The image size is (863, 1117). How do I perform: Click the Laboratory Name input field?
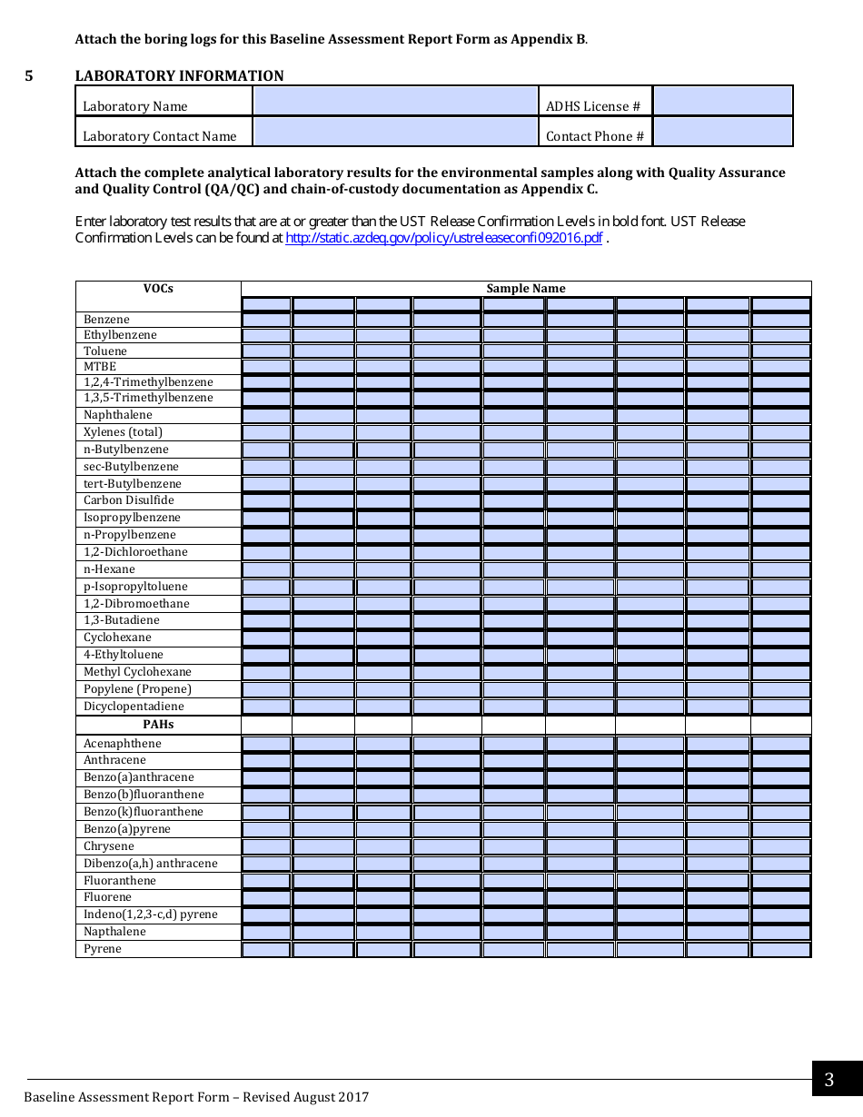pyautogui.click(x=395, y=101)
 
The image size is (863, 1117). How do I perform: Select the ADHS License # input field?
pyautogui.click(x=722, y=101)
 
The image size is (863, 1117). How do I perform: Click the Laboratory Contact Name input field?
pyautogui.click(x=395, y=132)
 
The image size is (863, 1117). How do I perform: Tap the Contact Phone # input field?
pyautogui.click(x=722, y=132)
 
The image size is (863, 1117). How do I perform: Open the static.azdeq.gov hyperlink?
pyautogui.click(x=443, y=238)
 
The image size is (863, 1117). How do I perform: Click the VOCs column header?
pyautogui.click(x=158, y=289)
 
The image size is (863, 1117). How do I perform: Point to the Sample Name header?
pyautogui.click(x=525, y=289)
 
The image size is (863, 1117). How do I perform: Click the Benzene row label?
pyautogui.click(x=107, y=320)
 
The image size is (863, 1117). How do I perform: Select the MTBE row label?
pyautogui.click(x=100, y=366)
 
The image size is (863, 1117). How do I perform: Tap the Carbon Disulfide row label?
pyautogui.click(x=129, y=500)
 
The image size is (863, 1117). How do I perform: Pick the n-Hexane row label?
pyautogui.click(x=109, y=569)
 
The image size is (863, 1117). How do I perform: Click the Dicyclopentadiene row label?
pyautogui.click(x=134, y=707)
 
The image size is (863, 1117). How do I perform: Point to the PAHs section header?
pyautogui.click(x=158, y=725)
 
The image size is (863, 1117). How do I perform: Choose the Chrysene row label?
pyautogui.click(x=109, y=846)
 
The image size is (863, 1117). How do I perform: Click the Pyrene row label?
pyautogui.click(x=103, y=949)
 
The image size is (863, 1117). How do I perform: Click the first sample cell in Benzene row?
pyautogui.click(x=266, y=320)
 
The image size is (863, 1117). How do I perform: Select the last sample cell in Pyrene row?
pyautogui.click(x=780, y=950)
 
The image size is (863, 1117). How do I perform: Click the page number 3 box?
pyautogui.click(x=828, y=1080)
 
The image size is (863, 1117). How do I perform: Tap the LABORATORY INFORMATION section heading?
pyautogui.click(x=179, y=76)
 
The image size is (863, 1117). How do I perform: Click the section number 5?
pyautogui.click(x=29, y=76)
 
